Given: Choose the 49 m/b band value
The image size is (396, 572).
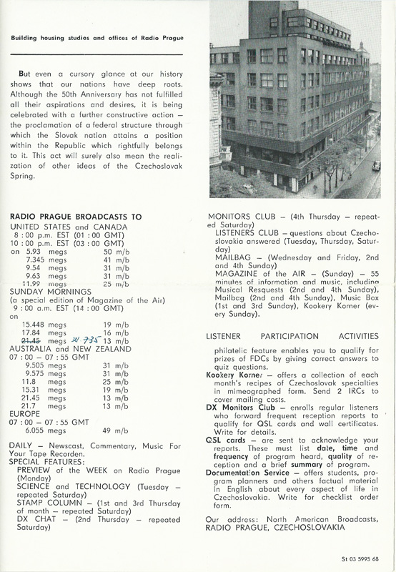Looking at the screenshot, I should click(117, 431).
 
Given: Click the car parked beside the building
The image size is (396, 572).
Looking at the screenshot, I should click(377, 165).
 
